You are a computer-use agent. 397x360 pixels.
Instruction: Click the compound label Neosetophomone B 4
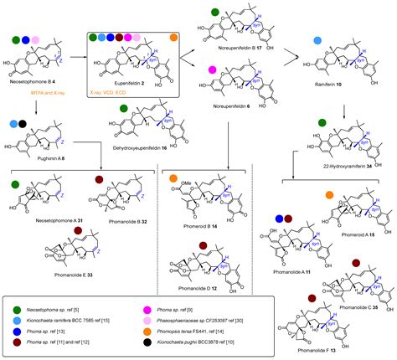pos(34,85)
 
